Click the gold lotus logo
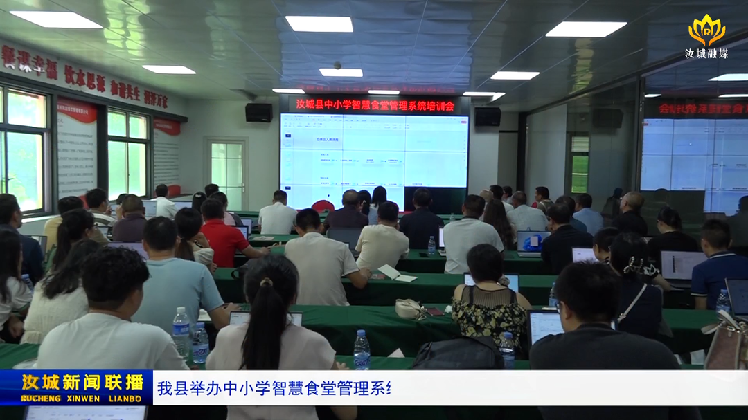(706, 29)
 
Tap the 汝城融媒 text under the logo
(706, 53)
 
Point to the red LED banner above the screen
(375, 105)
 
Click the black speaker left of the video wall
(258, 112)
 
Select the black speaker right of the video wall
(488, 116)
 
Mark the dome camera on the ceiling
(338, 65)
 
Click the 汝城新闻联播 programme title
(82, 382)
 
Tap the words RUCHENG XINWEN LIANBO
(82, 399)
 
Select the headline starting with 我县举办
(274, 387)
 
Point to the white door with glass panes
(226, 173)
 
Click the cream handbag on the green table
(409, 309)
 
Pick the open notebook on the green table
(397, 274)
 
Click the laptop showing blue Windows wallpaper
(531, 241)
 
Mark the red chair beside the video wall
(322, 206)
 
